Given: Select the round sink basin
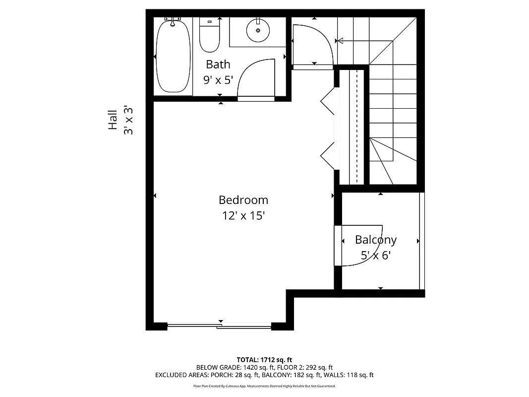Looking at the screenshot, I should pyautogui.click(x=258, y=30).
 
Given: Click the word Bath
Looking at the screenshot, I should pyautogui.click(x=218, y=64).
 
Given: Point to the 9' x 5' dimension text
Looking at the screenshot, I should pyautogui.click(x=218, y=79).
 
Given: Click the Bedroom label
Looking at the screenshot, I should pyautogui.click(x=243, y=200).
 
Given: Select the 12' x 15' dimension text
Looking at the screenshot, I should pyautogui.click(x=243, y=215).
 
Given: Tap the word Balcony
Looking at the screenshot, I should pyautogui.click(x=376, y=240).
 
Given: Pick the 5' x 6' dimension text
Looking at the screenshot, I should pyautogui.click(x=376, y=256).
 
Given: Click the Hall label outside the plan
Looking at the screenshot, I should pyautogui.click(x=113, y=120).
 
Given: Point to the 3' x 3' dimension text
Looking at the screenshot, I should pyautogui.click(x=128, y=120).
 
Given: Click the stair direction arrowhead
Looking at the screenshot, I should pyautogui.click(x=340, y=41).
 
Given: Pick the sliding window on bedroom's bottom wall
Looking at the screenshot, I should pyautogui.click(x=220, y=326).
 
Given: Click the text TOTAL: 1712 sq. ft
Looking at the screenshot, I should pyautogui.click(x=264, y=360).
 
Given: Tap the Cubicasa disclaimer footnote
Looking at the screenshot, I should pyautogui.click(x=264, y=386).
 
